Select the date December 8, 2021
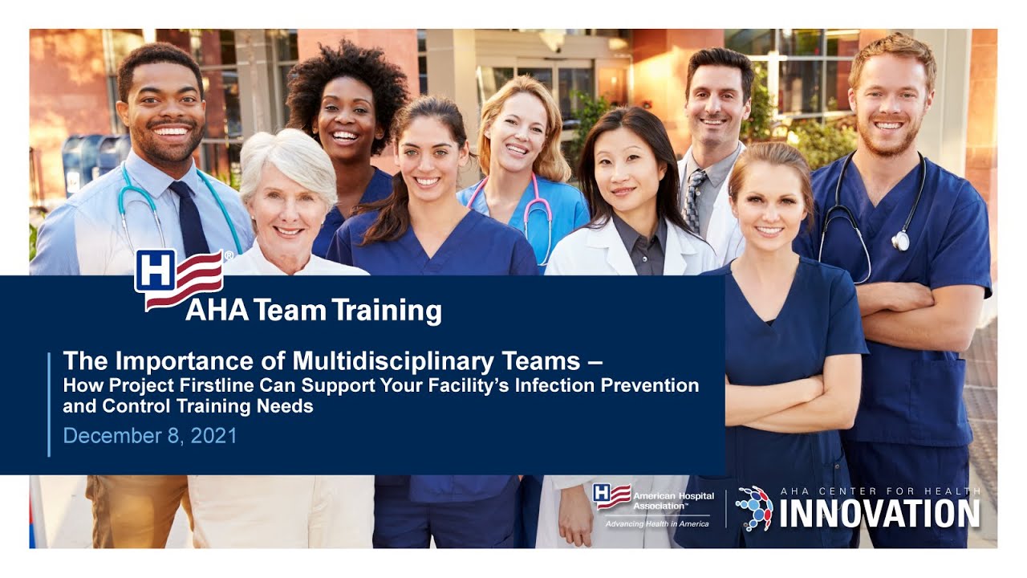tap(150, 435)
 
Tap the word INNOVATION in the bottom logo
tap(879, 514)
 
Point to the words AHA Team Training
tap(313, 310)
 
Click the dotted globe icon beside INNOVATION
tap(753, 507)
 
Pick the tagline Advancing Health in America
tap(657, 523)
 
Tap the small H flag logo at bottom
tap(611, 496)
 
